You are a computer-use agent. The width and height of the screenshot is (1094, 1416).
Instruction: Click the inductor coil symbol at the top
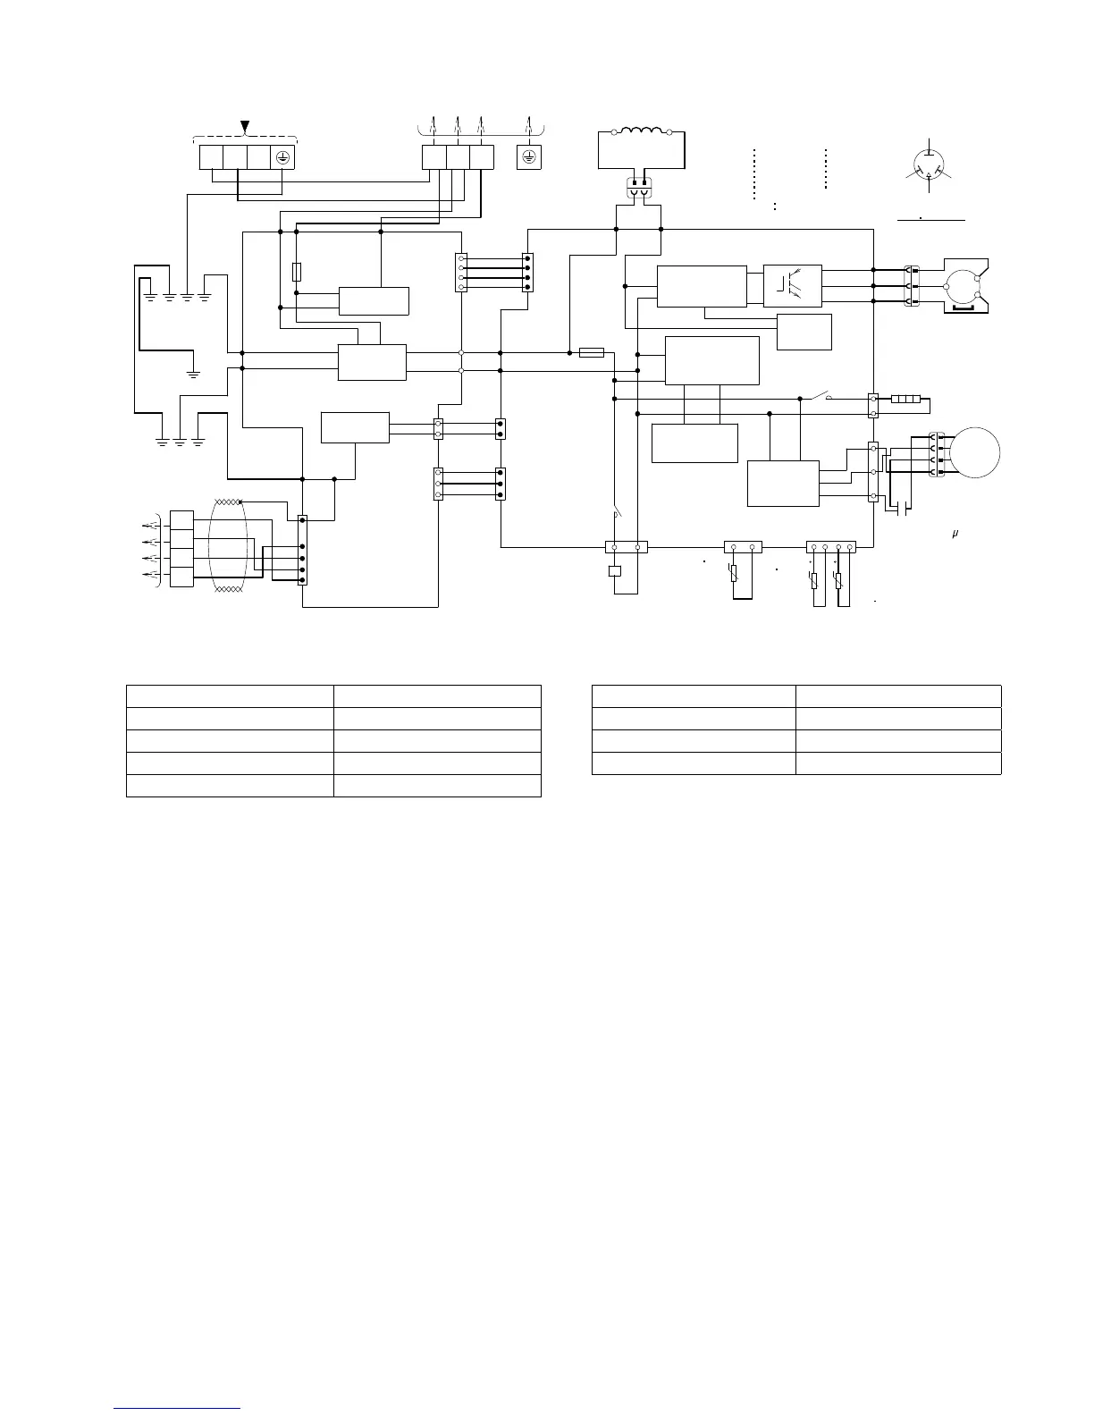tap(640, 132)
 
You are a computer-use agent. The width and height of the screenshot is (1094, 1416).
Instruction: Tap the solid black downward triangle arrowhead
tap(245, 126)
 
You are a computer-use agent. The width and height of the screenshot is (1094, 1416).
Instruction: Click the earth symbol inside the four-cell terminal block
tap(282, 156)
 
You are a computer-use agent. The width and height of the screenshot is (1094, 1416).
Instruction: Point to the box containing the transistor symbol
tap(793, 284)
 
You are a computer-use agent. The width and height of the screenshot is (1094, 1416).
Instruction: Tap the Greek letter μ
tap(955, 534)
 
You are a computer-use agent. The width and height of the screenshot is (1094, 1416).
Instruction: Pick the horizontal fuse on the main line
tap(592, 352)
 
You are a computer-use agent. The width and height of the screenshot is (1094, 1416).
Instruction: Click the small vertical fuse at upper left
tap(297, 271)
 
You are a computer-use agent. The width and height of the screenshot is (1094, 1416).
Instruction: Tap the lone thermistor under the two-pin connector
tap(734, 572)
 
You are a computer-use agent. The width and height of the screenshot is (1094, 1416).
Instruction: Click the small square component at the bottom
tap(614, 571)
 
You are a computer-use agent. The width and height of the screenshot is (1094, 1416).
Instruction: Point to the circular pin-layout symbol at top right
tap(930, 166)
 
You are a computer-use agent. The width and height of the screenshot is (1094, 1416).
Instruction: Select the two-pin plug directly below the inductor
tap(638, 189)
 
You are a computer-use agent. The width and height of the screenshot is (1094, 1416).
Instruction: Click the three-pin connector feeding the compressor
tap(913, 286)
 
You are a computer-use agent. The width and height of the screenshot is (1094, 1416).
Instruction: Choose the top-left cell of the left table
tap(230, 696)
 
